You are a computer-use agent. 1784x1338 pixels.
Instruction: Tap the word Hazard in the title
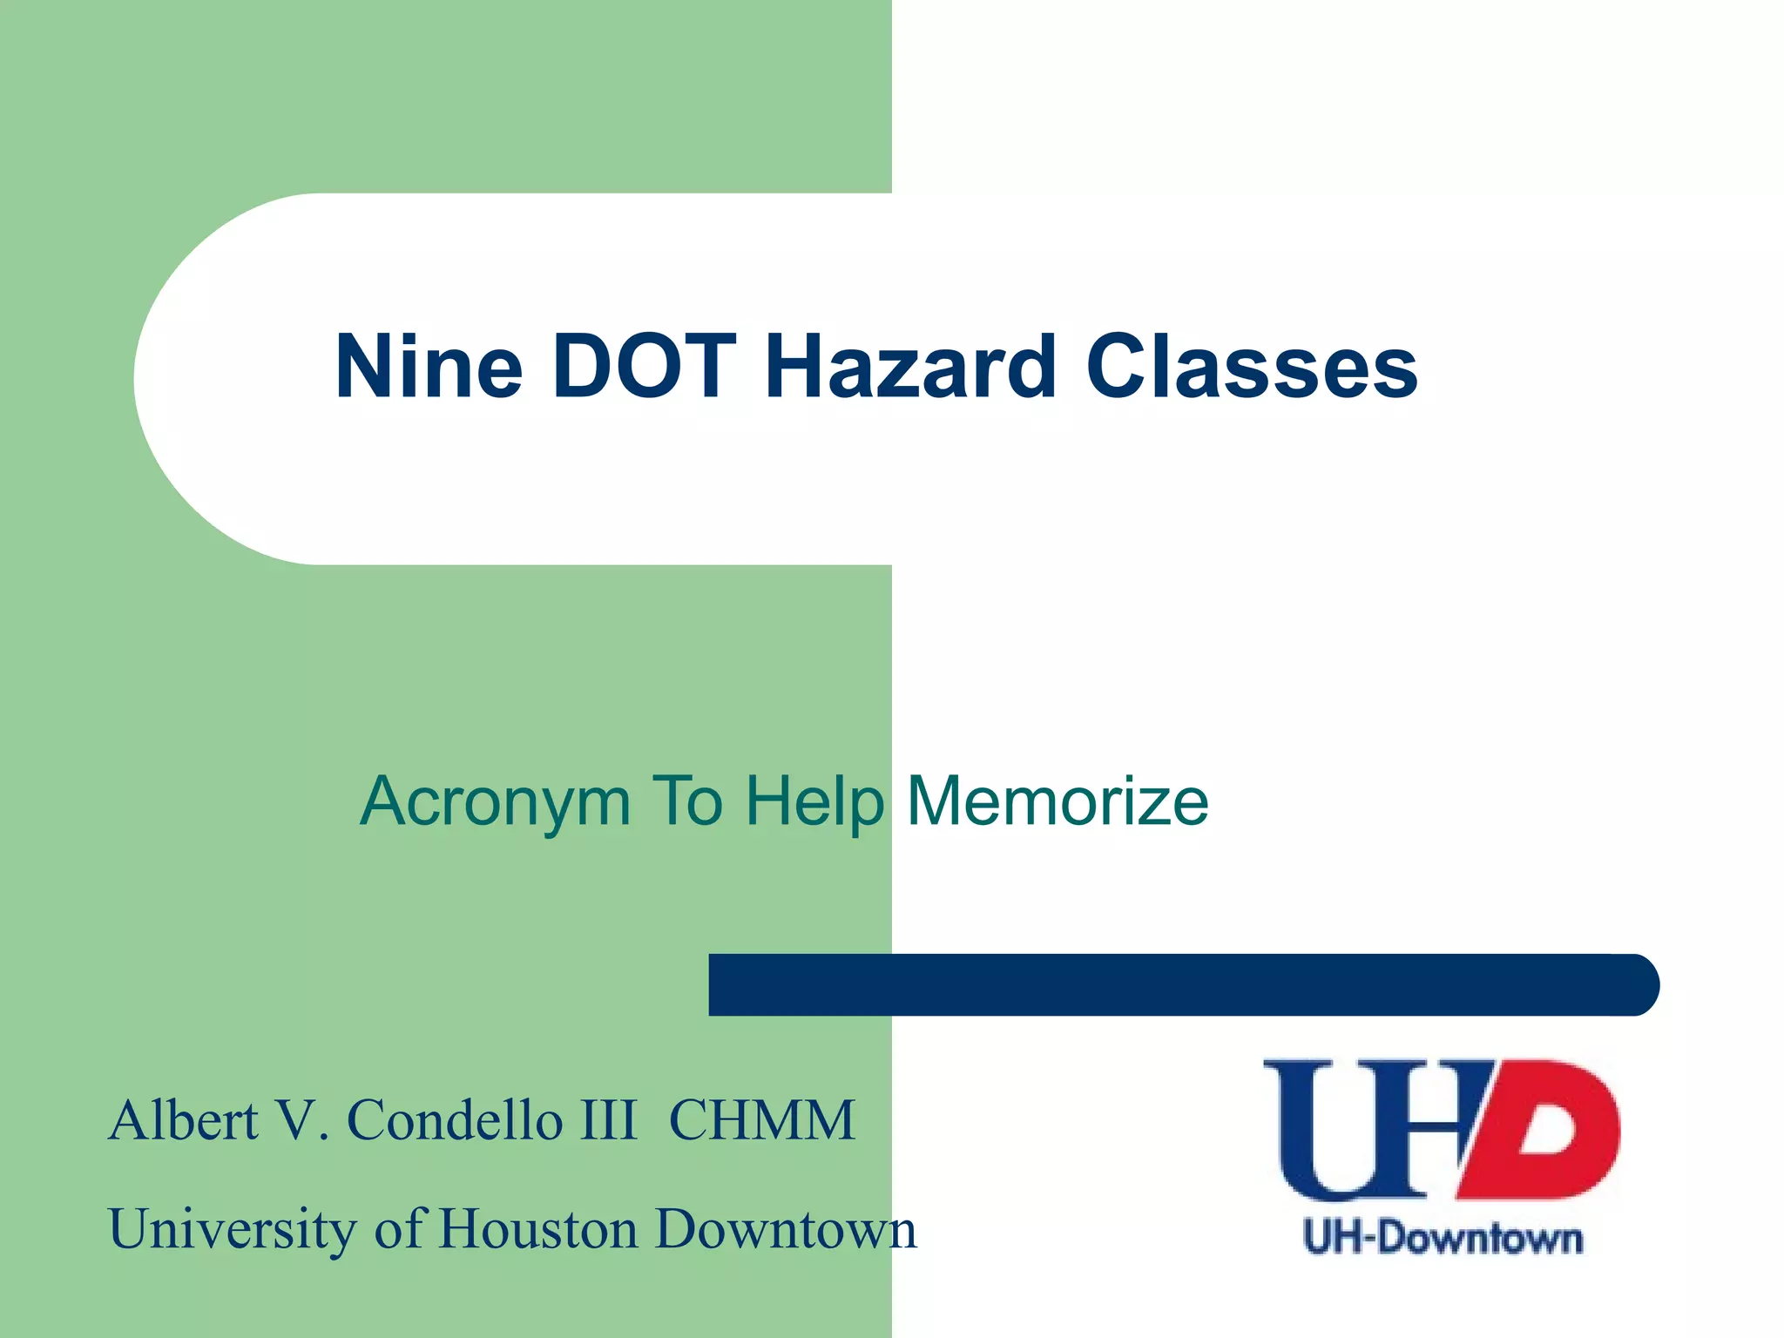[909, 368]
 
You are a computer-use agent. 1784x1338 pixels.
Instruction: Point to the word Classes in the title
[1252, 368]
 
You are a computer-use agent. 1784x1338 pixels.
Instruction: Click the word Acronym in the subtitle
[495, 802]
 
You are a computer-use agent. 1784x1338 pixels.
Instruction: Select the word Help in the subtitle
[814, 801]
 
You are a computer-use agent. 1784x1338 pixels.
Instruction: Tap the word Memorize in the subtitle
[1058, 801]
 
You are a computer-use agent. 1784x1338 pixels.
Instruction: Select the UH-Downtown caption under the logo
[1443, 1238]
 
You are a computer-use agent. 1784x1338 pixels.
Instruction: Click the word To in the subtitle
[687, 801]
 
